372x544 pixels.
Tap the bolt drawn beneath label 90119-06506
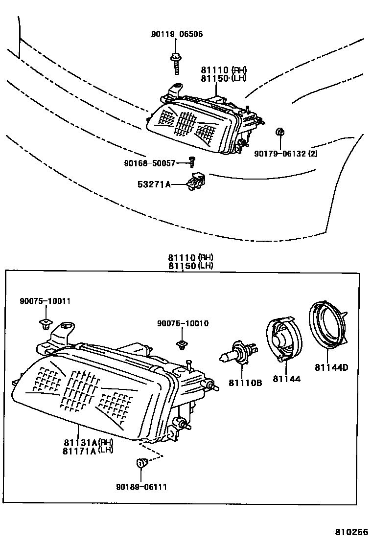tap(175, 62)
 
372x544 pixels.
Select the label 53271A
tap(154, 184)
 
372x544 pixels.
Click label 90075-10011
tap(45, 301)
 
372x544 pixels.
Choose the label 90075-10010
tap(183, 323)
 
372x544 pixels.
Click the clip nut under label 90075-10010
tap(183, 345)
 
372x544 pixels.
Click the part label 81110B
tap(245, 383)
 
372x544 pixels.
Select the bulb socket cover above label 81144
tap(282, 340)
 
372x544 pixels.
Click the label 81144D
tap(331, 367)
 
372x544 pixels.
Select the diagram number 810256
tap(351, 532)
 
